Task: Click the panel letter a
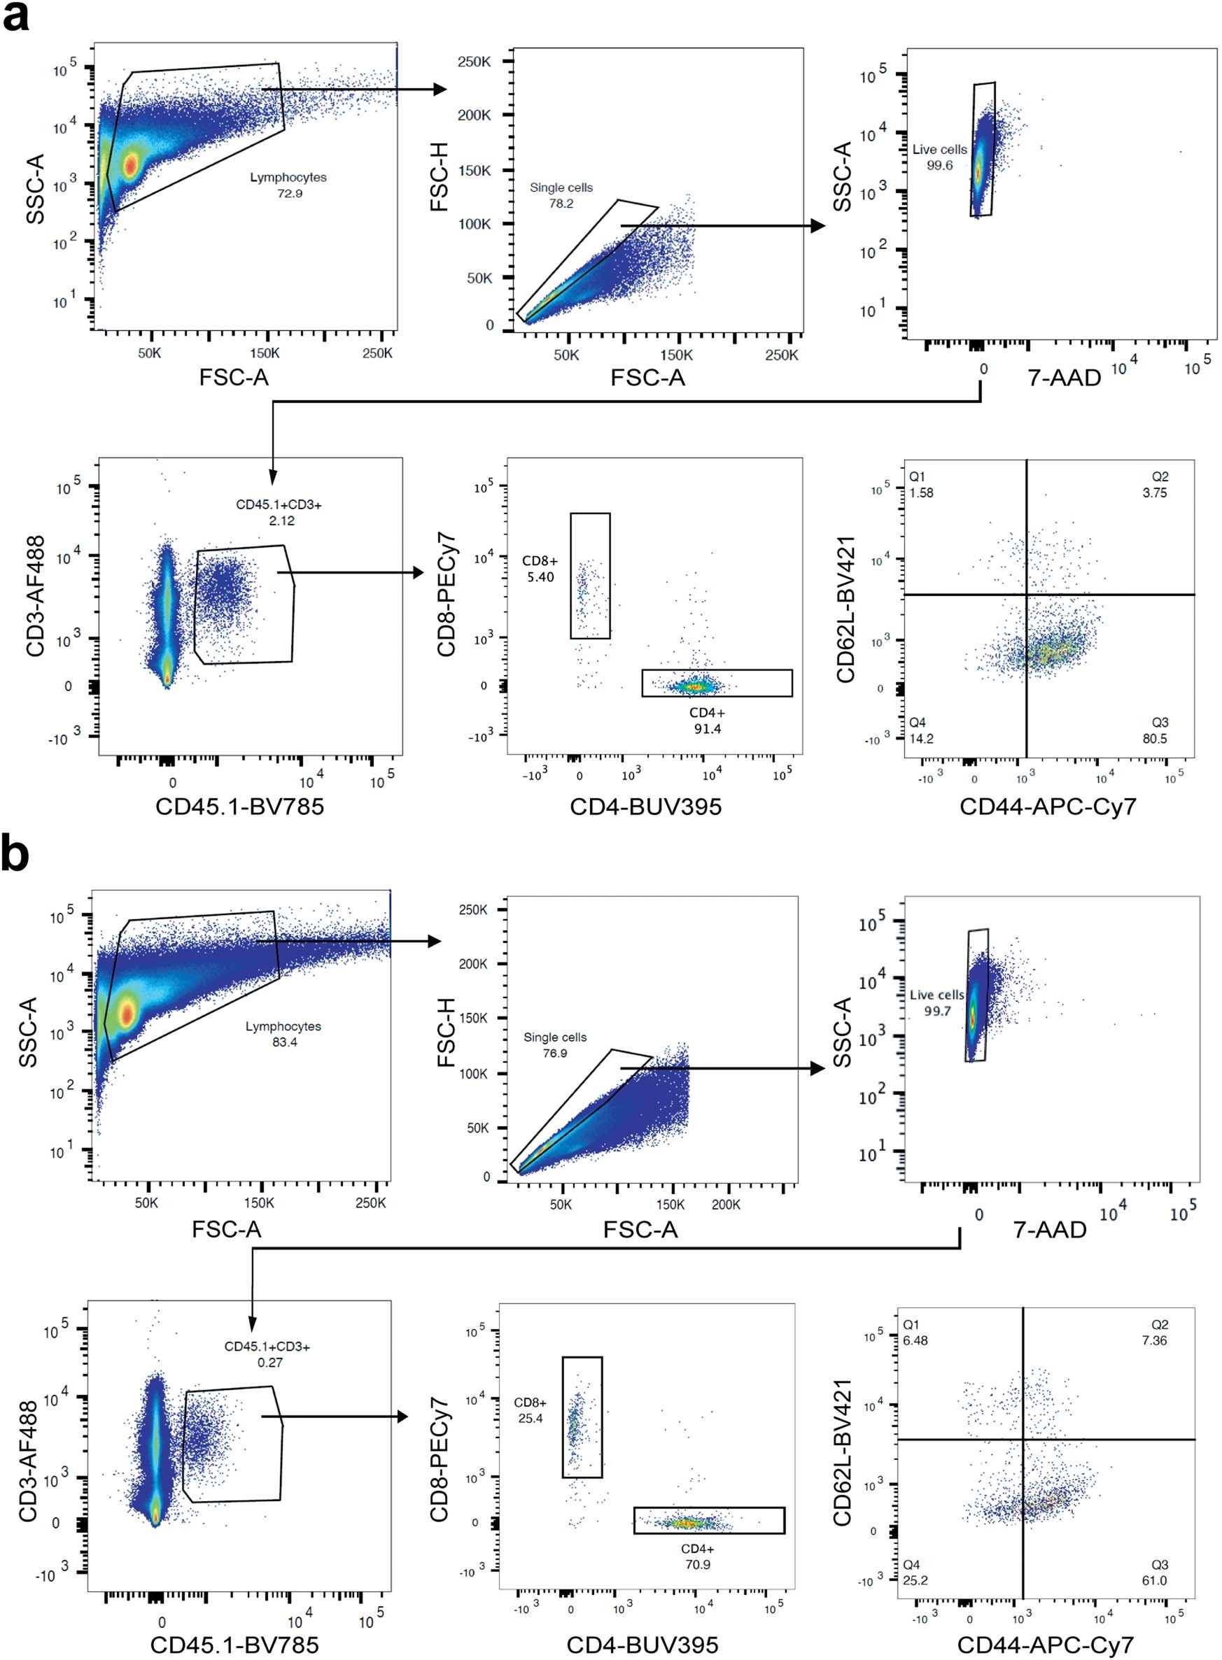[x=16, y=16]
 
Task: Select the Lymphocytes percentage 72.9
[x=288, y=194]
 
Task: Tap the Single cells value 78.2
[x=561, y=204]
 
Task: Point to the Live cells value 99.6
[x=939, y=166]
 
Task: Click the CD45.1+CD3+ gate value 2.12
[x=281, y=520]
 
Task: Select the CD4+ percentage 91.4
[x=707, y=728]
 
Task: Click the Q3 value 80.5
[x=1155, y=738]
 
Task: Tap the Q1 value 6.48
[x=915, y=1340]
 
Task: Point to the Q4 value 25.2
[x=915, y=1580]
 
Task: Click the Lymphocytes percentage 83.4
[x=284, y=1042]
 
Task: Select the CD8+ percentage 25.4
[x=531, y=1418]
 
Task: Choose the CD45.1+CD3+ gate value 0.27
[x=270, y=1362]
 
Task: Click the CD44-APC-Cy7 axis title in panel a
[x=1048, y=806]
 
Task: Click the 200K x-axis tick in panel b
[x=726, y=1205]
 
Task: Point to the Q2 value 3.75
[x=1155, y=492]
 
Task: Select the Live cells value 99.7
[x=937, y=1012]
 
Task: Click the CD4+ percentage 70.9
[x=698, y=1565]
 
